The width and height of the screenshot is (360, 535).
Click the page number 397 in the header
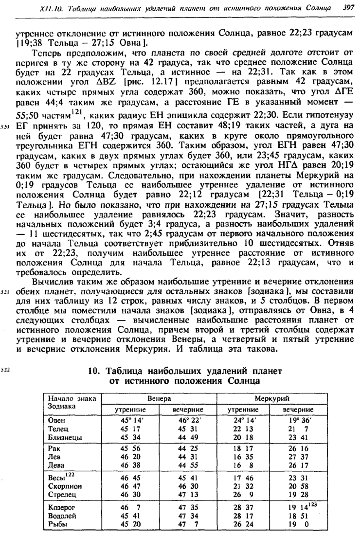pos(346,8)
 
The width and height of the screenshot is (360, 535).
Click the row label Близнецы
pos(66,437)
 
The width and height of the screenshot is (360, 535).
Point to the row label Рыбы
pos(58,524)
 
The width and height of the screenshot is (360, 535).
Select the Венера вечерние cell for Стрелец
pos(188,494)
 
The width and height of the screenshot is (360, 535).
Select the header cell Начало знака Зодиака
pos(70,402)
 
